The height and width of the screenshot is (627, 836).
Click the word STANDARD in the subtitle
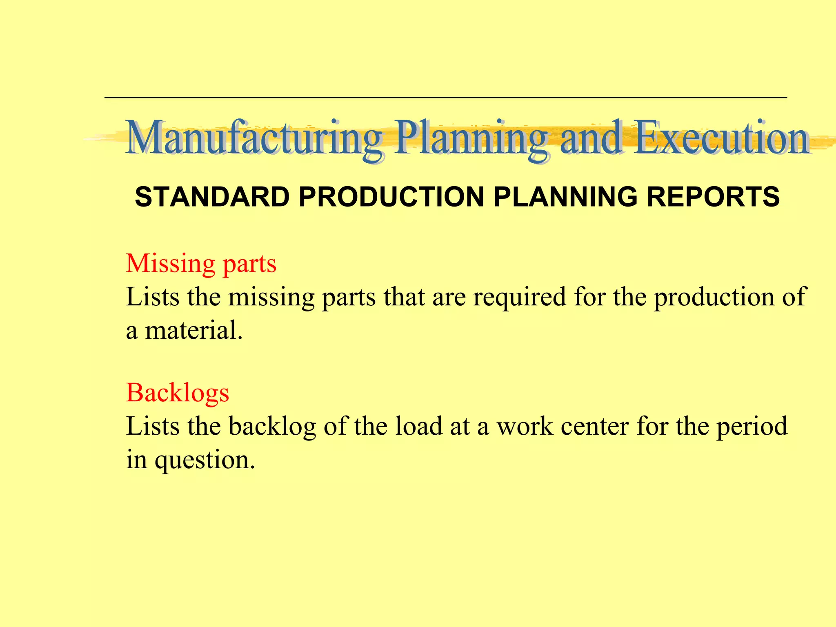pos(212,197)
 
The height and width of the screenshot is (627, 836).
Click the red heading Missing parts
pos(201,264)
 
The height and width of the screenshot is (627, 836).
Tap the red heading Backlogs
pos(178,393)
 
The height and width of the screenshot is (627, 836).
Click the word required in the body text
pos(519,297)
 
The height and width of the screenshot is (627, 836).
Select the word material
pos(194,330)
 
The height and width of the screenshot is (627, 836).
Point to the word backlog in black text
pos(272,427)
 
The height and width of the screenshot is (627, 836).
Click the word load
pos(418,427)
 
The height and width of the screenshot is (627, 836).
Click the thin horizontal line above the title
pos(445,98)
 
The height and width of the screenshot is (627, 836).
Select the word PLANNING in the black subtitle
pos(565,197)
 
